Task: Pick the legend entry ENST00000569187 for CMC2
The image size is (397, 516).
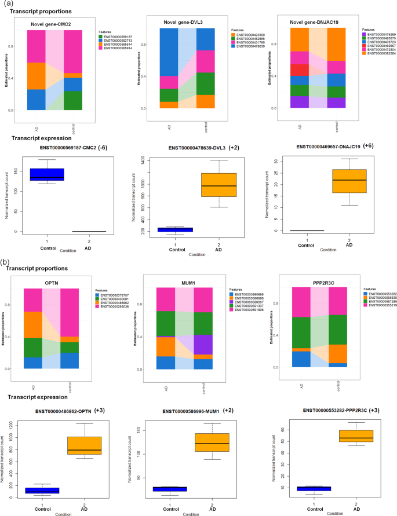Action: pos(118,36)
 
